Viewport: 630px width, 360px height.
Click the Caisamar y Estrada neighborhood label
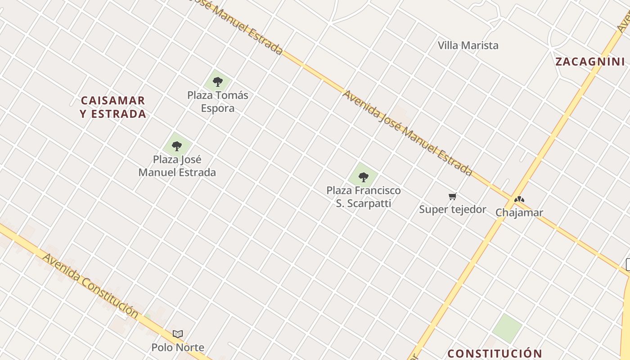point(113,107)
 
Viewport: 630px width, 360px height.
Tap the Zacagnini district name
point(590,62)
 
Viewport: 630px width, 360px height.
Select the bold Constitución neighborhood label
point(495,353)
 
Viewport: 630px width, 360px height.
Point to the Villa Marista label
point(468,45)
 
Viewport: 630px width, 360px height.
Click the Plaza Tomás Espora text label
point(218,102)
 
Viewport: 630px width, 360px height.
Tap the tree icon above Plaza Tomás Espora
point(218,81)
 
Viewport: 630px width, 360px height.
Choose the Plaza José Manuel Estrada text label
point(177,166)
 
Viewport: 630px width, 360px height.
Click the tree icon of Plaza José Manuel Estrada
point(177,145)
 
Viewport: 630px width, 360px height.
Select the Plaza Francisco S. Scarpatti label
point(364,197)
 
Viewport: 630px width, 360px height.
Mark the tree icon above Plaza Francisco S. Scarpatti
point(364,177)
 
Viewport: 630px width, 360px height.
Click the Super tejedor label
point(453,209)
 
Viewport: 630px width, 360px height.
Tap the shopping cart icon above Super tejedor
point(453,196)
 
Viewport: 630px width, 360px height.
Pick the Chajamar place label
point(519,212)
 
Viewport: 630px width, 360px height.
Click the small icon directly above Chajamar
point(519,199)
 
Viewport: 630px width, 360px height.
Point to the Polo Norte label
point(178,347)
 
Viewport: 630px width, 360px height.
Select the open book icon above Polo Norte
point(178,334)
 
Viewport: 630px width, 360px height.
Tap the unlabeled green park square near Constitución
point(507,327)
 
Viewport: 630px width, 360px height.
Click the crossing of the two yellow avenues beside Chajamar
point(513,197)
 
